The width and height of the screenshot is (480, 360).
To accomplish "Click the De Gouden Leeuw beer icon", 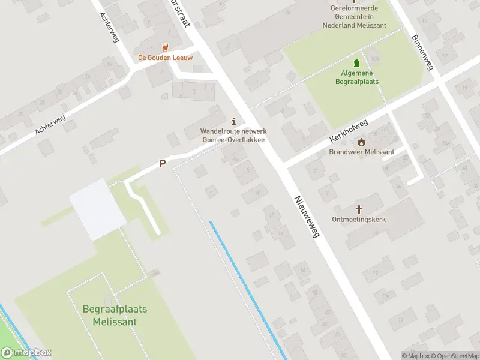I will pos(165,47).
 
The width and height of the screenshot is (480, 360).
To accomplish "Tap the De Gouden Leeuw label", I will pos(165,58).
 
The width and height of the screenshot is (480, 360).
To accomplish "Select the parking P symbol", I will pos(161,163).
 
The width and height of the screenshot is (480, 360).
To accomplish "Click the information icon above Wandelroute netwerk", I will pos(233,121).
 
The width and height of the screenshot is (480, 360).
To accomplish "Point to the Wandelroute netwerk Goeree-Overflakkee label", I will pos(233,136).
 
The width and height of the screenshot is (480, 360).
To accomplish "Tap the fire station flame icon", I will pos(361,142).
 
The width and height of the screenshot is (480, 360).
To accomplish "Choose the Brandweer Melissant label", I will pos(361,152).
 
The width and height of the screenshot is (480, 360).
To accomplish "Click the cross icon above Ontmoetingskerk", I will pos(359,209).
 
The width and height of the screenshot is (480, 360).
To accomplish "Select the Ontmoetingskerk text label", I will pos(359,220).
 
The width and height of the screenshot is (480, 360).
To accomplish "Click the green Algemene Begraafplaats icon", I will pos(357,64).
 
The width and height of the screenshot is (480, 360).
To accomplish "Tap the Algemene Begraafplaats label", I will pos(356,77).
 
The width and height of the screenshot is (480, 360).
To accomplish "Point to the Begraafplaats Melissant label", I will pos(115,316).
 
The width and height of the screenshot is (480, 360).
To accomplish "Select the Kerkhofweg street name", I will pos(348,130).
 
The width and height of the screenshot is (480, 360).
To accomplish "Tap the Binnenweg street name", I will pos(422,52).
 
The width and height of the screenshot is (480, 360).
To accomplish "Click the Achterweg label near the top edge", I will pos(110,27).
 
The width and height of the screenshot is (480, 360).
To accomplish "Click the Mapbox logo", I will pos(26,353).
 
